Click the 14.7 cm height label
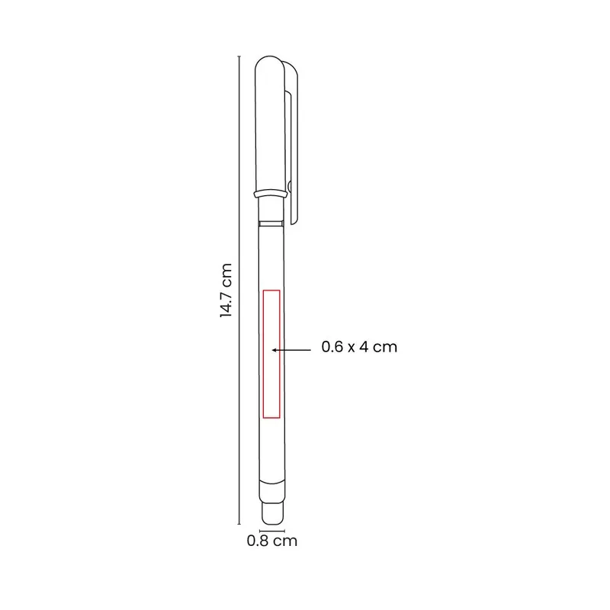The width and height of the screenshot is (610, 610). [226, 291]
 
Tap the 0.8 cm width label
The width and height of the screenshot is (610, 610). [272, 541]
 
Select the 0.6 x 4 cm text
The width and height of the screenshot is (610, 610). [359, 347]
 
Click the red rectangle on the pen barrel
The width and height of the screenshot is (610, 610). [263, 354]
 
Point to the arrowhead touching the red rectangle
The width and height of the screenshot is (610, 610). [274, 350]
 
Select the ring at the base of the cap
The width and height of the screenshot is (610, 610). [271, 194]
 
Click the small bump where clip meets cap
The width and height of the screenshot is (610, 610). [290, 186]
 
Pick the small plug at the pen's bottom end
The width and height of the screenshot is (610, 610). [272, 513]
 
